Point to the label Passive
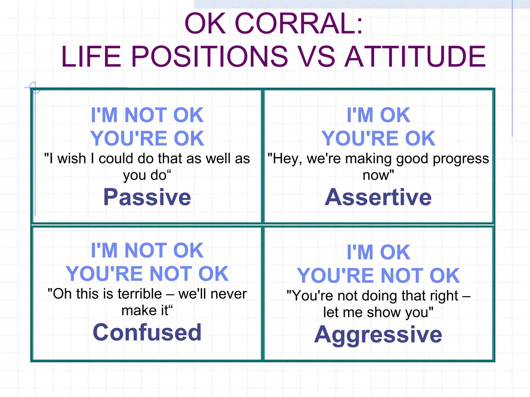tap(147, 197)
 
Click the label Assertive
tap(378, 197)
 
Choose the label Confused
tap(147, 332)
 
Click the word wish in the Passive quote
tap(72, 158)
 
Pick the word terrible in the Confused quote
tap(140, 294)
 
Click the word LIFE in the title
tap(91, 57)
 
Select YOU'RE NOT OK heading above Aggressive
tap(378, 276)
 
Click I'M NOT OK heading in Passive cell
tap(147, 115)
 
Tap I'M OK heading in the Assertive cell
tap(378, 115)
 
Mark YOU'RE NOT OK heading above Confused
tap(147, 274)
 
